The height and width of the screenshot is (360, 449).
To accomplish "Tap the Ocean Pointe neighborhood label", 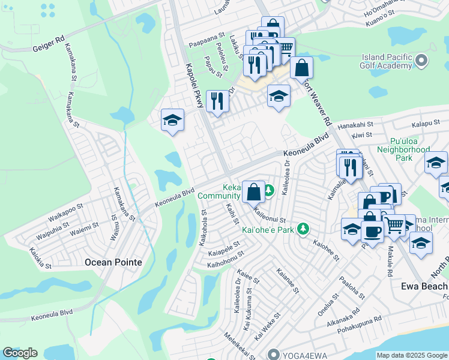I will (113, 262).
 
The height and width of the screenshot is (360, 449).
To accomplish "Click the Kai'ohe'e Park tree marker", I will (304, 229).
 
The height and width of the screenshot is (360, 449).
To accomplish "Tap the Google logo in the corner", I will (20, 353).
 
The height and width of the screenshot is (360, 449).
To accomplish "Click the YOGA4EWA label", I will (301, 353).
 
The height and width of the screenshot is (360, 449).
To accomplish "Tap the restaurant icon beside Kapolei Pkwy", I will (215, 101).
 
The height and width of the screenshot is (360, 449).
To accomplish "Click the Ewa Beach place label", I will (424, 286).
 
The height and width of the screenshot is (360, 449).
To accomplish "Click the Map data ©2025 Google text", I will (412, 355).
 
